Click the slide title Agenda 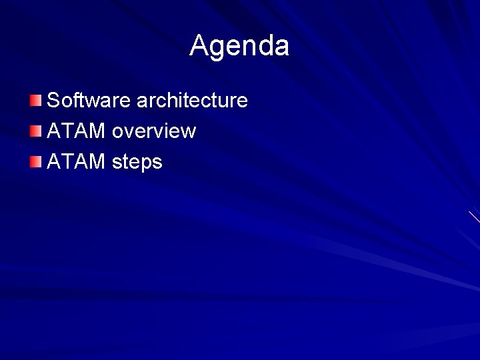(x=239, y=46)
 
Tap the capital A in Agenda (x=199, y=45)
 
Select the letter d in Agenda (x=264, y=45)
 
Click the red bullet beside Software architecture (x=35, y=101)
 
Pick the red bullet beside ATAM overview (x=35, y=131)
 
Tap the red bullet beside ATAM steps (x=35, y=161)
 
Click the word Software (x=89, y=101)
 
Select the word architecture (x=192, y=101)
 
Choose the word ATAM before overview (x=76, y=131)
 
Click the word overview (x=153, y=131)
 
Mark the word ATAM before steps (x=76, y=161)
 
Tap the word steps (x=137, y=162)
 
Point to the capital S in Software (x=54, y=101)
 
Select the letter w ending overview (x=188, y=132)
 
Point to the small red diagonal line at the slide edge (x=474, y=217)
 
